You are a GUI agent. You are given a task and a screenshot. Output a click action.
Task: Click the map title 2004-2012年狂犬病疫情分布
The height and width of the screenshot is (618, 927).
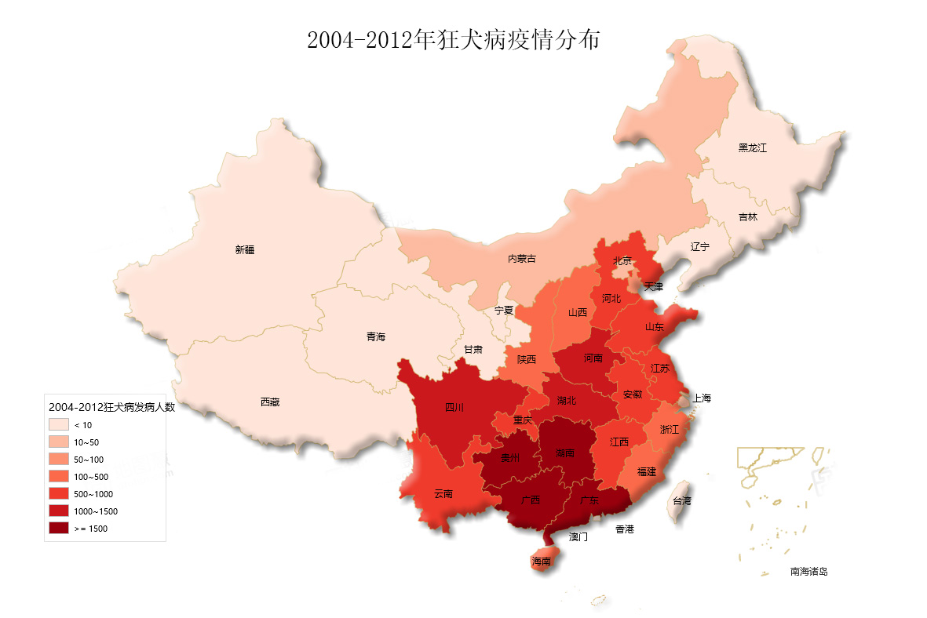tap(453, 40)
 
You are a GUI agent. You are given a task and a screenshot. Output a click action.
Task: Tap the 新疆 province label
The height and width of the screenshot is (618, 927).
tap(245, 250)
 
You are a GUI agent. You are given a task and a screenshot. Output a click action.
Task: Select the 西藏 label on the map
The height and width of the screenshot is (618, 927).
tap(269, 402)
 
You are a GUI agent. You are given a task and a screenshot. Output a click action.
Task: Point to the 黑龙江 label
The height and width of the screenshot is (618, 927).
tap(752, 147)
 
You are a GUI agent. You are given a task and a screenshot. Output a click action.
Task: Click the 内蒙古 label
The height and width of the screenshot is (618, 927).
tap(522, 259)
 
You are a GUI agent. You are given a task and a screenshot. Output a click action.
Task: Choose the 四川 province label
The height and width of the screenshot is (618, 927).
tap(454, 407)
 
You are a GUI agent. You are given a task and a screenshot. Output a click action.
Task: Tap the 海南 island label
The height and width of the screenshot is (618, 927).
tap(541, 562)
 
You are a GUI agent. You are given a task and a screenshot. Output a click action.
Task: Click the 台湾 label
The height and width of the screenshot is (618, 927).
tap(681, 500)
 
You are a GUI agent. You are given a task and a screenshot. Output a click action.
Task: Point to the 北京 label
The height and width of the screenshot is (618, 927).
tap(622, 260)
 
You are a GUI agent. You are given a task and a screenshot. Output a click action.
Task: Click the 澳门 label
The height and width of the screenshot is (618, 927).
tap(578, 537)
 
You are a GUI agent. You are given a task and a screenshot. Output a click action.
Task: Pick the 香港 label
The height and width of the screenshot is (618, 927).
tap(624, 529)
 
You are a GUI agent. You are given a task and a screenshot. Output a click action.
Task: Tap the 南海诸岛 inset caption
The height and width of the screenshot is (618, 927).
tap(808, 572)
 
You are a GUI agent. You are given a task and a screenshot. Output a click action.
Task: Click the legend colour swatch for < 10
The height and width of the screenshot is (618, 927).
tap(59, 424)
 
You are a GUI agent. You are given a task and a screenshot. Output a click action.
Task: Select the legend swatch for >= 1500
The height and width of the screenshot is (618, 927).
tap(59, 528)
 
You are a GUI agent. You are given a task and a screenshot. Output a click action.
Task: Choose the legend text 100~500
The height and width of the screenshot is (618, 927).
tap(89, 477)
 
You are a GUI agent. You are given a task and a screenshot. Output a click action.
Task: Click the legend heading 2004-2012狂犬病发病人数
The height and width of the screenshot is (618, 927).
tap(111, 407)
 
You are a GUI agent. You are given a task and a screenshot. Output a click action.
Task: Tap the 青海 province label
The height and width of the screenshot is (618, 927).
tap(376, 337)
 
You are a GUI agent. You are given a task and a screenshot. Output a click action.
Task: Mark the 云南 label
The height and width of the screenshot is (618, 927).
tap(443, 494)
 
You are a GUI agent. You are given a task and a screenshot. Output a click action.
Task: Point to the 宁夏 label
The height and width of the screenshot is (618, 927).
tap(504, 311)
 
